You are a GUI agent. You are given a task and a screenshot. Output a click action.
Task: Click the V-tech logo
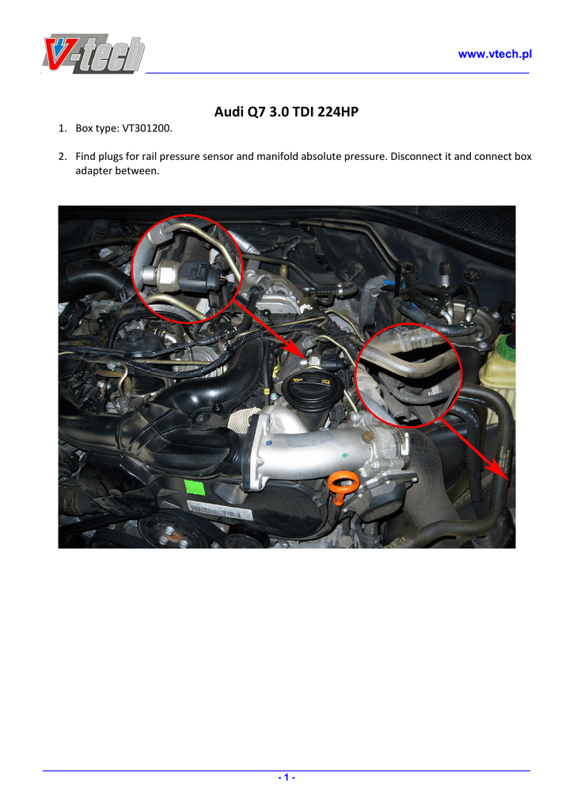point(93,53)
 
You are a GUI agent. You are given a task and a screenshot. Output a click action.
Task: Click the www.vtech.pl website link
point(495,55)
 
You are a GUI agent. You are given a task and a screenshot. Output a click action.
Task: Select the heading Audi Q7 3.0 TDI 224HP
point(286,112)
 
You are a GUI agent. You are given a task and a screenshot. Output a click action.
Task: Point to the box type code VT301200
point(146,128)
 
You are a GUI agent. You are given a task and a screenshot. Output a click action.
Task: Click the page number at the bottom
point(286,778)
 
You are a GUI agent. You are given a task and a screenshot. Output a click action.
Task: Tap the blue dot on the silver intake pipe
point(268,444)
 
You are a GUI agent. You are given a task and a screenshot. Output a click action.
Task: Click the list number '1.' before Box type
point(63,128)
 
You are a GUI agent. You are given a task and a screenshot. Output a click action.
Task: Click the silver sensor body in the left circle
point(161,273)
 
